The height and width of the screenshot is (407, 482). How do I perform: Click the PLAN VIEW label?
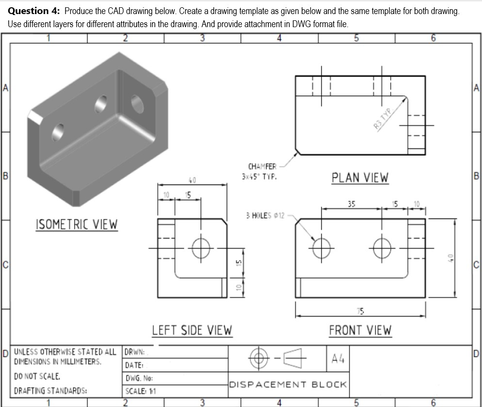(x=360, y=178)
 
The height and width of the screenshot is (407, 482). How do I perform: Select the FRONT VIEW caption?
(x=360, y=330)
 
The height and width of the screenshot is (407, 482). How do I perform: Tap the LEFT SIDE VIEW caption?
(x=192, y=330)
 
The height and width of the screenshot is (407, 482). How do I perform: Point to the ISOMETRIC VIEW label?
(x=76, y=225)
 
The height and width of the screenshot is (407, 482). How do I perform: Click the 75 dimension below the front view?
(x=361, y=310)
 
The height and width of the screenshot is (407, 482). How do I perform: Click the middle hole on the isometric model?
(x=101, y=104)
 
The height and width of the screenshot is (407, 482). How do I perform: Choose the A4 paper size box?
(x=338, y=359)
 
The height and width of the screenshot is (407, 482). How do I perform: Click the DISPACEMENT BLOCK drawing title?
(x=287, y=385)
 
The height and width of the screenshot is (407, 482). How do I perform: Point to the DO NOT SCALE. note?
(x=37, y=376)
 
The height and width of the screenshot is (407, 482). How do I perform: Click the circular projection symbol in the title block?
(x=258, y=359)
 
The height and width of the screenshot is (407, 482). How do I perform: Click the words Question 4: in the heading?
(x=34, y=11)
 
